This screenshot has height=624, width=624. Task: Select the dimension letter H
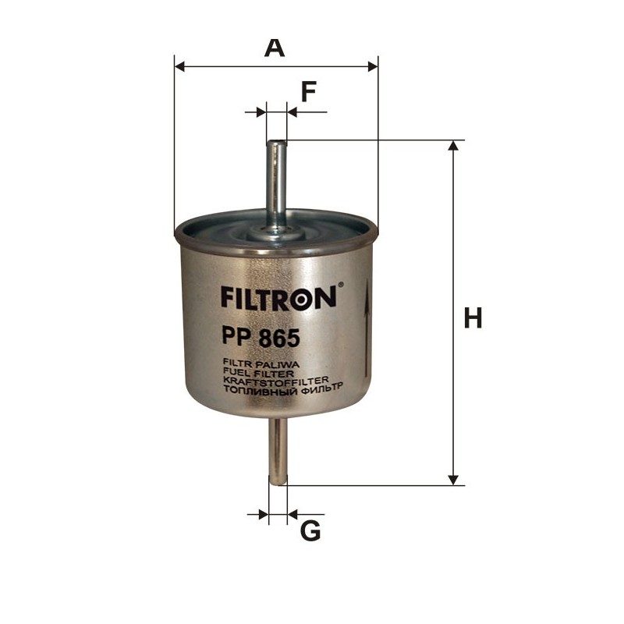click(473, 318)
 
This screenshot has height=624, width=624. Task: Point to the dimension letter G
click(310, 531)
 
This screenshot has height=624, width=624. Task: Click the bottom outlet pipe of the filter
click(277, 452)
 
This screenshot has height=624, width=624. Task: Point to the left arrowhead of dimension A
click(181, 66)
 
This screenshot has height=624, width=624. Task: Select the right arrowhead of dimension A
click(371, 66)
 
